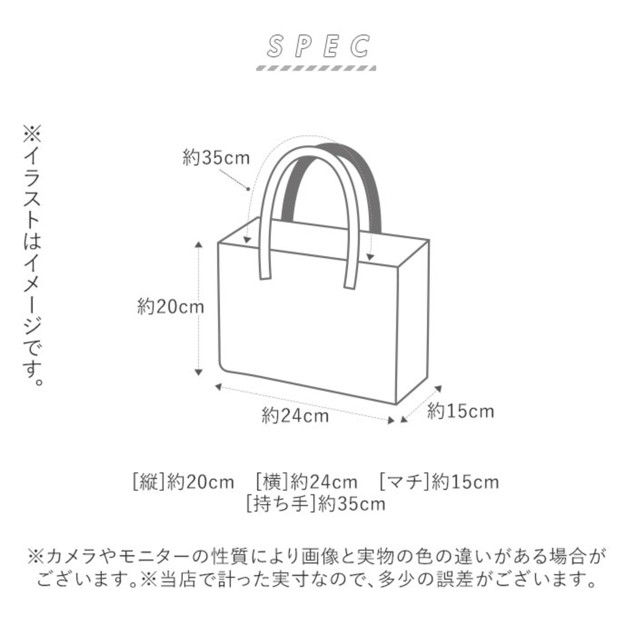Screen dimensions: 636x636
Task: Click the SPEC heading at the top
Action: [x=318, y=46]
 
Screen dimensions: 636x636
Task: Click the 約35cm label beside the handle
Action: [x=216, y=158]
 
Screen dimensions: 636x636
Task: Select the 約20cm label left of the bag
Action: [x=170, y=307]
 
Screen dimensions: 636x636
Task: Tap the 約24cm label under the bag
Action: [x=295, y=415]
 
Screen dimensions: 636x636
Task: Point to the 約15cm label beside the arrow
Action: [x=461, y=411]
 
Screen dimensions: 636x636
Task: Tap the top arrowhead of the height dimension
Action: [x=198, y=244]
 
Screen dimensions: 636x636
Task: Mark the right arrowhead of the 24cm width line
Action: [x=391, y=421]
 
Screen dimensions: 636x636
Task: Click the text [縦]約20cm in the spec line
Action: [x=183, y=482]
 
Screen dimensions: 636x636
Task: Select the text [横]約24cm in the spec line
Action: [x=306, y=482]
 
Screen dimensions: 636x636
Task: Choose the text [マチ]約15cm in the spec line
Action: [x=439, y=482]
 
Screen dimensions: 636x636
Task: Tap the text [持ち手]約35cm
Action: [x=316, y=504]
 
